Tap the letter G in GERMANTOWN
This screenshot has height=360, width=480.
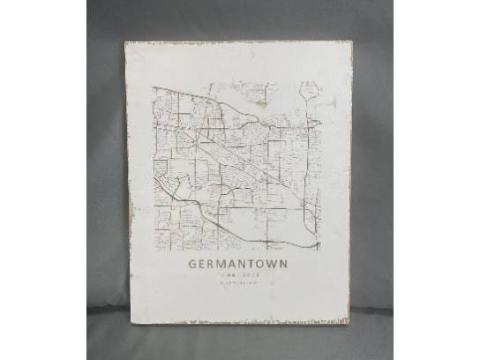pos(192,263)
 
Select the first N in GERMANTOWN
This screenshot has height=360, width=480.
pos(243,263)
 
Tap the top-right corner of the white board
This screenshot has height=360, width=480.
pos(350,41)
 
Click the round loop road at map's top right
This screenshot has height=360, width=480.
pos(309,89)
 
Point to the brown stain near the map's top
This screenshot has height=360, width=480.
pos(259,102)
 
